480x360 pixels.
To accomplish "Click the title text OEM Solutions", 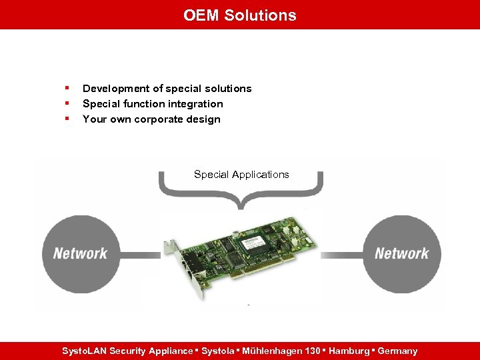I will coord(240,15).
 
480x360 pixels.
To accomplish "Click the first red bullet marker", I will coord(67,88).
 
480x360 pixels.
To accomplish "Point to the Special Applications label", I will coord(241,175).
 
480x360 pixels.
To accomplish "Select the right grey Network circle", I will coord(401,253).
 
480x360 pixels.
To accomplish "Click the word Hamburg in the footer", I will coord(347,351).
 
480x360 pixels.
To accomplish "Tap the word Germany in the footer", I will coord(397,351).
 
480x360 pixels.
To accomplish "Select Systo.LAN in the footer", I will coord(84,351).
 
